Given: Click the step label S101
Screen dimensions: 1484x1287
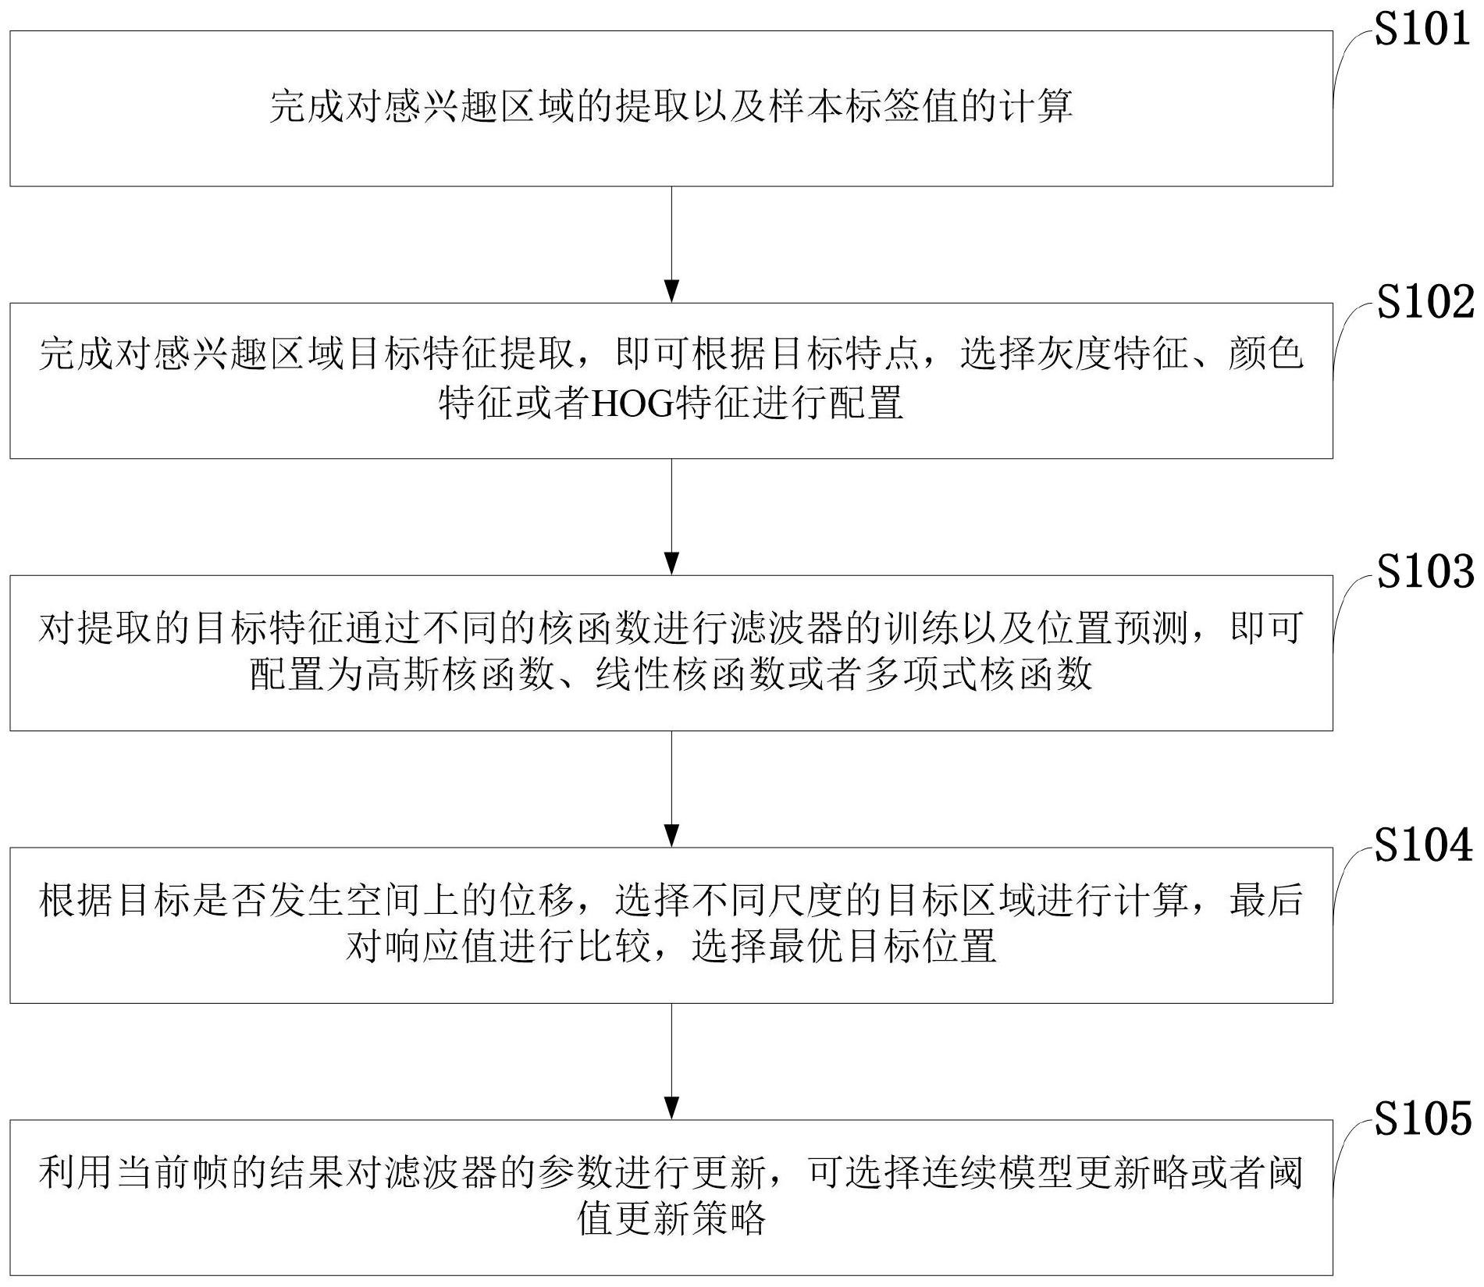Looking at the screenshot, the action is click(1422, 30).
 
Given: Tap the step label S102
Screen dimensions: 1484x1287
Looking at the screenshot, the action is click(1425, 302).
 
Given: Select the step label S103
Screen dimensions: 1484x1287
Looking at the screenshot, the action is click(1425, 573).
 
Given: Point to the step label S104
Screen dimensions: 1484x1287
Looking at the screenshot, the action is click(1423, 846).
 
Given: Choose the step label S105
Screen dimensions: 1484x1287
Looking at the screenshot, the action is click(1423, 1118).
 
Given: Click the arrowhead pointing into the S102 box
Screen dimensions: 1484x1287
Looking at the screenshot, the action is click(671, 291).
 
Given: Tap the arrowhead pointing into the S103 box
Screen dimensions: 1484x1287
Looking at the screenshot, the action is click(671, 564).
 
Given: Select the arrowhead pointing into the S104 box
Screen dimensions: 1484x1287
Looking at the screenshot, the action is click(671, 835).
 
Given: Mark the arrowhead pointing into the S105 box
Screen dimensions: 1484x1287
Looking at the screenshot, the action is click(671, 1107).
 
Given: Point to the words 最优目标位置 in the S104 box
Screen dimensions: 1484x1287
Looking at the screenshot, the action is click(883, 947).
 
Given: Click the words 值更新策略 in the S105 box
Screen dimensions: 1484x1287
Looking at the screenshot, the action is click(671, 1218).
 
